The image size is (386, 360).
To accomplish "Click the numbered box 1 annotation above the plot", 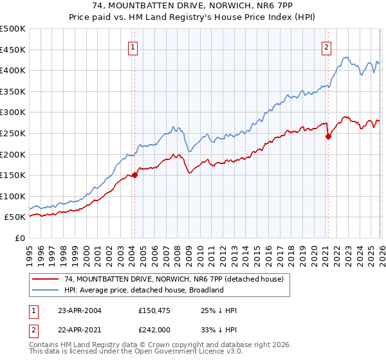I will [x=133, y=46].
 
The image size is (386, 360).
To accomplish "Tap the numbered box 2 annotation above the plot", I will [x=327, y=46].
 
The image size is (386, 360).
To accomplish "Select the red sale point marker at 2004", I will [x=134, y=175].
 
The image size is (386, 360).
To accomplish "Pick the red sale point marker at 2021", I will [x=328, y=136].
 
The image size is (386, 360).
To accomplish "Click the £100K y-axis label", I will [x=13, y=196].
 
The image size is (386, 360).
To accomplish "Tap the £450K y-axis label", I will [x=13, y=50].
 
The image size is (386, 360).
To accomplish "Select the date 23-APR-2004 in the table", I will [x=79, y=310].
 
